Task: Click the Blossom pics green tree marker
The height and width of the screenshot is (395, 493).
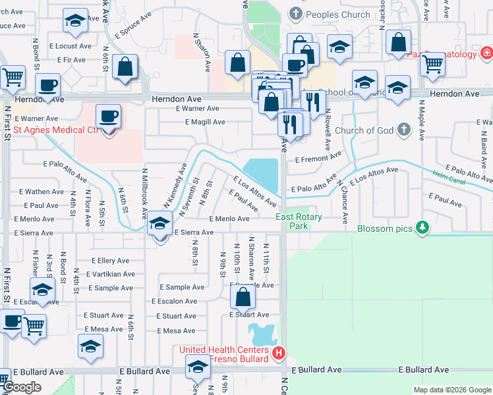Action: tap(422, 228)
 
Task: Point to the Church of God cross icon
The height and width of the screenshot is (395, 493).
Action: tap(403, 130)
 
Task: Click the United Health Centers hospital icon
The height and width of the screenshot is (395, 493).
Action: tap(279, 354)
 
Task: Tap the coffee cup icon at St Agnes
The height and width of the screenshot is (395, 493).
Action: tap(108, 117)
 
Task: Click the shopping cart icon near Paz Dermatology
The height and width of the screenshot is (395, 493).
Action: tap(433, 64)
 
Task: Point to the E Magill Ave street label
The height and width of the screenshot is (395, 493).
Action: tap(205, 122)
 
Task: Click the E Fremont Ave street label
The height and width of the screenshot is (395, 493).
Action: tap(318, 159)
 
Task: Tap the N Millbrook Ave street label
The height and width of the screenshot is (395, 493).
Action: tap(144, 191)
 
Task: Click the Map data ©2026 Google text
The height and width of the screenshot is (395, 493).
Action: tap(451, 390)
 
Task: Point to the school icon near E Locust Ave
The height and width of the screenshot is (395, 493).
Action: tap(76, 20)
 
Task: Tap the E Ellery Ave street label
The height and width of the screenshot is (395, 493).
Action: tap(111, 260)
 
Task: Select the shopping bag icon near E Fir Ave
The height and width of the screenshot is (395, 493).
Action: tap(125, 67)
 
